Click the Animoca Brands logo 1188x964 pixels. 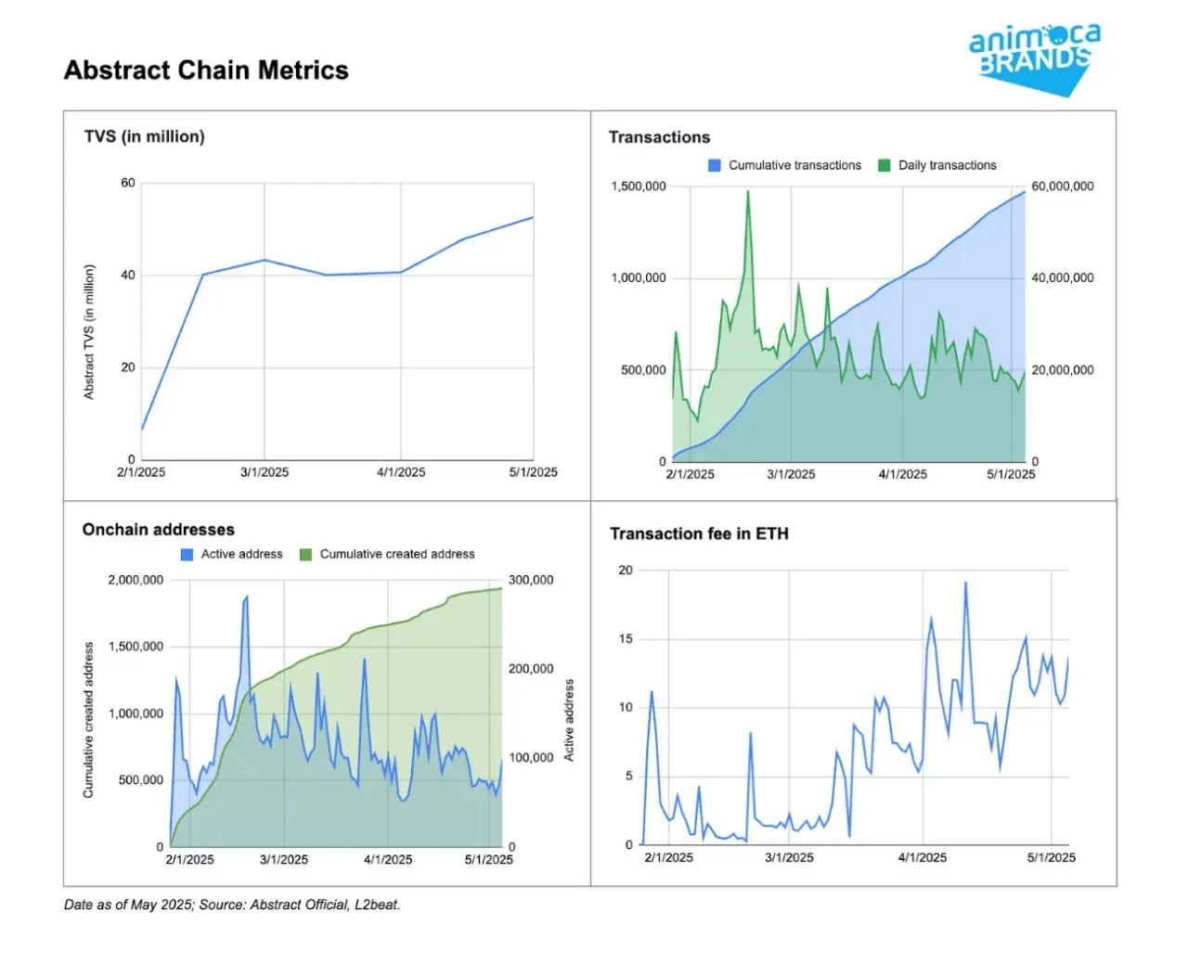point(1034,58)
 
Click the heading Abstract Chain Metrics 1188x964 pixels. point(206,71)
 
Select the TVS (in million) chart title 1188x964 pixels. point(145,136)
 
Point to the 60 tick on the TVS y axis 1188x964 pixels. point(128,183)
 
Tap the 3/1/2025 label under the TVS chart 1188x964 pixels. point(265,472)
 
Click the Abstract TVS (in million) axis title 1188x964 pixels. point(89,332)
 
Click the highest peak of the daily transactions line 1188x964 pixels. point(748,192)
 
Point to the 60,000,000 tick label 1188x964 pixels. point(1063,186)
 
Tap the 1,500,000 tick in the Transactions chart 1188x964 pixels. point(639,186)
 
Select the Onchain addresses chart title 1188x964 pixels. point(159,530)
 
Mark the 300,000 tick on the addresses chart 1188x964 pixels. point(531,580)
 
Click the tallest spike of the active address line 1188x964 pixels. point(247,597)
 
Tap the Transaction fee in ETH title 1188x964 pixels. point(699,533)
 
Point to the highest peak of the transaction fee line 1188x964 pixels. point(965,583)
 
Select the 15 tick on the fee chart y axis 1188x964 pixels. point(626,638)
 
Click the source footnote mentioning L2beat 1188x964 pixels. point(232,905)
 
